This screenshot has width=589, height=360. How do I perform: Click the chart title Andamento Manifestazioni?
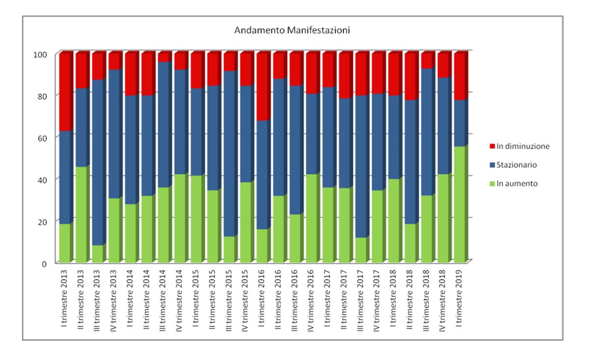[292, 30]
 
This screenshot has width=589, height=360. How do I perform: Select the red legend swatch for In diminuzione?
[493, 146]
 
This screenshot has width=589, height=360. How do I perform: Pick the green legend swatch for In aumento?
[493, 184]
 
